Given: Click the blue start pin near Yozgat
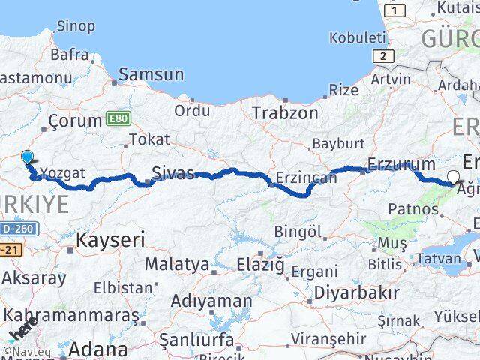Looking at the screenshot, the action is point(28,157).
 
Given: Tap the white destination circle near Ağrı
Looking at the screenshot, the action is point(453,178).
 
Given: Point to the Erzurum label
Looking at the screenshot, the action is point(401,164).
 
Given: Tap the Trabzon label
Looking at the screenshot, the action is point(285,113).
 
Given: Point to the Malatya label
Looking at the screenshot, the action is point(177,264).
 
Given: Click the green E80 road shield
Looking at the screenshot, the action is point(118,118).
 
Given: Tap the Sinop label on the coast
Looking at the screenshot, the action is point(76,27).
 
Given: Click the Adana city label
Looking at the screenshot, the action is point(98,349).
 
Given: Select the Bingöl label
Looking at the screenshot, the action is point(298,231).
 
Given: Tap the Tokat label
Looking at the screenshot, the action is point(149,139).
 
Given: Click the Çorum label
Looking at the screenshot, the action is point(75,121).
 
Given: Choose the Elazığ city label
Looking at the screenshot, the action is point(261,264).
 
